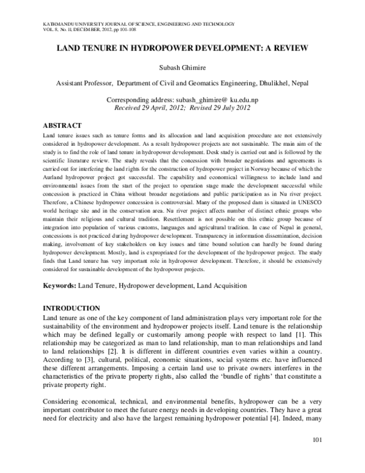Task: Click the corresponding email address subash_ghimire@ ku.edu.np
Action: [x=209, y=99]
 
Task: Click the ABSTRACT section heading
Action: [x=64, y=124]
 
